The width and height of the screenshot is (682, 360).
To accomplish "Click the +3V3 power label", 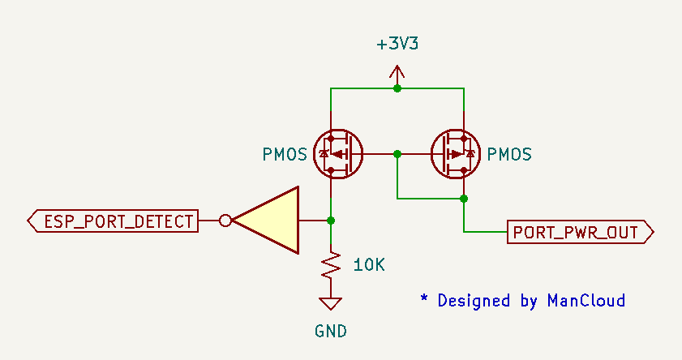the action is pos(397,44).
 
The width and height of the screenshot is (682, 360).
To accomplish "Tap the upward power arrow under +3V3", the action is pos(397,75).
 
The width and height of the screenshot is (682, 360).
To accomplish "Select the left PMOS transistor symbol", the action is pos(338,154).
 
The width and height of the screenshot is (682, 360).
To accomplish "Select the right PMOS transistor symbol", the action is pos(456,154).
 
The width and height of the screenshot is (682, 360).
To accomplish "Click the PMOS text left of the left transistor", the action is pos(285,154).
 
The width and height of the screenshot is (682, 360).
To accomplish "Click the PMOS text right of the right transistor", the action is pos(509,154).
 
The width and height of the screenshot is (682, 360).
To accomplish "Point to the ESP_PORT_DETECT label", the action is pos(113,221).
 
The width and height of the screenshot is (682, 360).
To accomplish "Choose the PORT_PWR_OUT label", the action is pos(581,232).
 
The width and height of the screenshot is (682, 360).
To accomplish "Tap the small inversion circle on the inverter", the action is pos(225,221).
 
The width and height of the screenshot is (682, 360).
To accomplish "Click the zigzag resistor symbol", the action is pos(331,265).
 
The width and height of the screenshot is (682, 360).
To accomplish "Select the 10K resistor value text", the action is pos(369,265).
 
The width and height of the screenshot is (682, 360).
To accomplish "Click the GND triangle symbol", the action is pos(331,303).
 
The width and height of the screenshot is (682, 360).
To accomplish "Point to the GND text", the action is pos(331,332).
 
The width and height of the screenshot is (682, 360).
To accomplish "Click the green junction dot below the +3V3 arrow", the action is pos(397,88).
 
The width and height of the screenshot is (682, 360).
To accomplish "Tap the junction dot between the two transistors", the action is pos(397,154).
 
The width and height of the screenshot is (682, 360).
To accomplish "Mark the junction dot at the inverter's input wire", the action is pos(331,221).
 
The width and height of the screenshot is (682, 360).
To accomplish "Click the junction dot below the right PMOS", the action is pos(464,199).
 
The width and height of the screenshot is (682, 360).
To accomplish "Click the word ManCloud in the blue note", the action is pos(586,301).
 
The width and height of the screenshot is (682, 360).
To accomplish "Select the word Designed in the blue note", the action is pos(474,301).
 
